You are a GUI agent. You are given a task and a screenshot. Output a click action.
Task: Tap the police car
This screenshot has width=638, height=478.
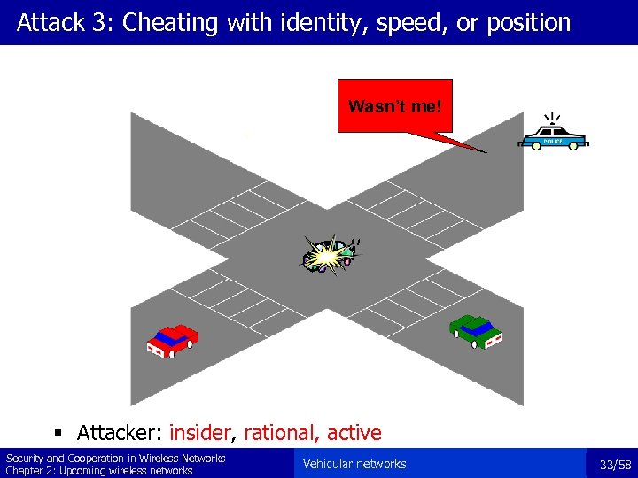554,138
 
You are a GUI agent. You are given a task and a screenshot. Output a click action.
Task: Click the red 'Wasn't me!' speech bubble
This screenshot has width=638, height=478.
394,106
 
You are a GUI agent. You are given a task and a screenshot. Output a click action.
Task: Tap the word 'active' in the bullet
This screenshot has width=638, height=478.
354,433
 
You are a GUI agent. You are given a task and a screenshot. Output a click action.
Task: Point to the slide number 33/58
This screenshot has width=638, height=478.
615,465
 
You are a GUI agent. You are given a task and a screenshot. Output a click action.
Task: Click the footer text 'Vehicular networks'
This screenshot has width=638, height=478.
354,464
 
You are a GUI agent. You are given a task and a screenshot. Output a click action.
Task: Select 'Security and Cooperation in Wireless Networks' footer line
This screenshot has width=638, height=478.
115,458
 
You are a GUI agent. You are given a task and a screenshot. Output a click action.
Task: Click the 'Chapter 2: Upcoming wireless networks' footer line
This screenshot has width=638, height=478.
99,470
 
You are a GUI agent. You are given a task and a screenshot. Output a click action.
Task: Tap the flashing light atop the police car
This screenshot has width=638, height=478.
553,120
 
